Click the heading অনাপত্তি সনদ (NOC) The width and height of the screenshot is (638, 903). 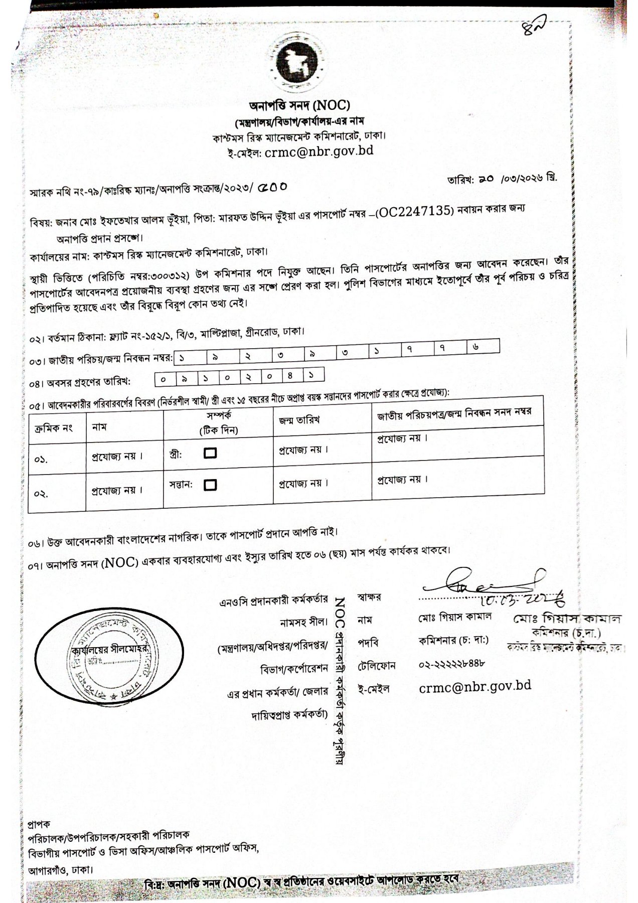click(x=300, y=105)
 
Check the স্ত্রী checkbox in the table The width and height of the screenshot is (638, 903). click(x=211, y=453)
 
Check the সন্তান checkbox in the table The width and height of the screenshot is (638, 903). click(x=211, y=485)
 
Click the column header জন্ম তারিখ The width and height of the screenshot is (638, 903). click(x=299, y=419)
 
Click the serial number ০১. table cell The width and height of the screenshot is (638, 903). click(x=42, y=459)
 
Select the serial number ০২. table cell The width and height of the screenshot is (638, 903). click(x=42, y=493)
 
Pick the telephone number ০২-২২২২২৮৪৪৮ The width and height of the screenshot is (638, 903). click(x=451, y=665)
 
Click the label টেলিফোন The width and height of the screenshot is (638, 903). click(x=377, y=666)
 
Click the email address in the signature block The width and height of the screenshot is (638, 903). click(x=475, y=687)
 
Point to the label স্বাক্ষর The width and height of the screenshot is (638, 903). click(x=369, y=597)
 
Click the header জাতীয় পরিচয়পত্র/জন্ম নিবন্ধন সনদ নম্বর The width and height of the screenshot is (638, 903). click(x=454, y=412)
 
